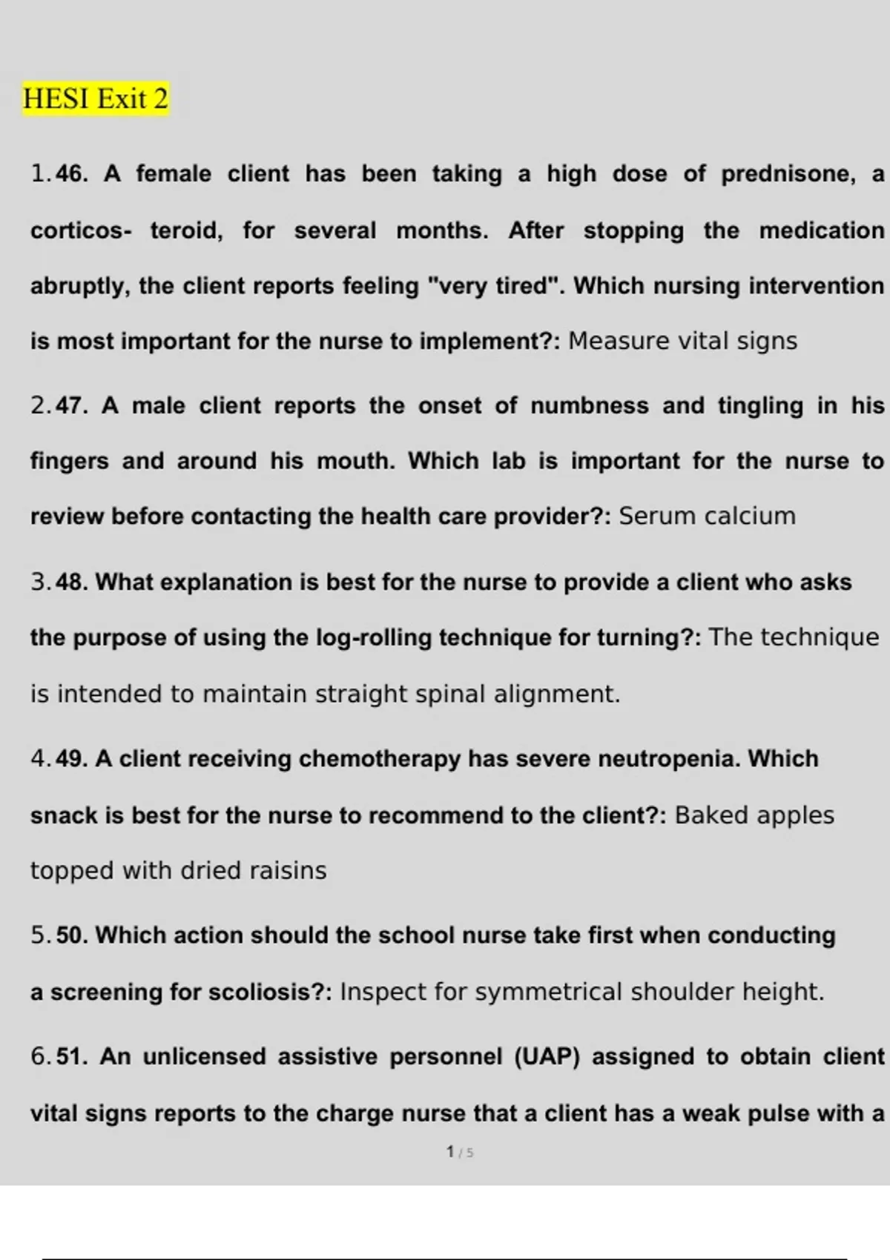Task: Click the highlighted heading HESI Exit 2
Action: click(96, 99)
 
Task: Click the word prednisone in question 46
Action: click(786, 173)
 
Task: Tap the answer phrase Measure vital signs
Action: click(682, 341)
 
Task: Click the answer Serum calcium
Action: click(707, 516)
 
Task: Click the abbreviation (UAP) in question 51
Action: click(547, 1056)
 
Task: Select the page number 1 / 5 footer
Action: click(460, 1152)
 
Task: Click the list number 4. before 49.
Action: click(41, 759)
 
